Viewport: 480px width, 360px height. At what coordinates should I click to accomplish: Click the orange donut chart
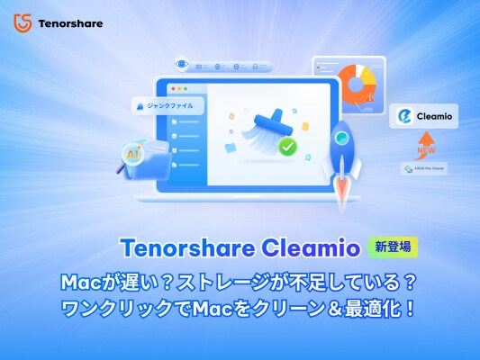360,84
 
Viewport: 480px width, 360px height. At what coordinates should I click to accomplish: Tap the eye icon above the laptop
182,65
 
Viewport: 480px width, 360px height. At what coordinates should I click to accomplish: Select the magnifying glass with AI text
130,155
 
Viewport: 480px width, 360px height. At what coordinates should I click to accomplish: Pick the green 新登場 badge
394,246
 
